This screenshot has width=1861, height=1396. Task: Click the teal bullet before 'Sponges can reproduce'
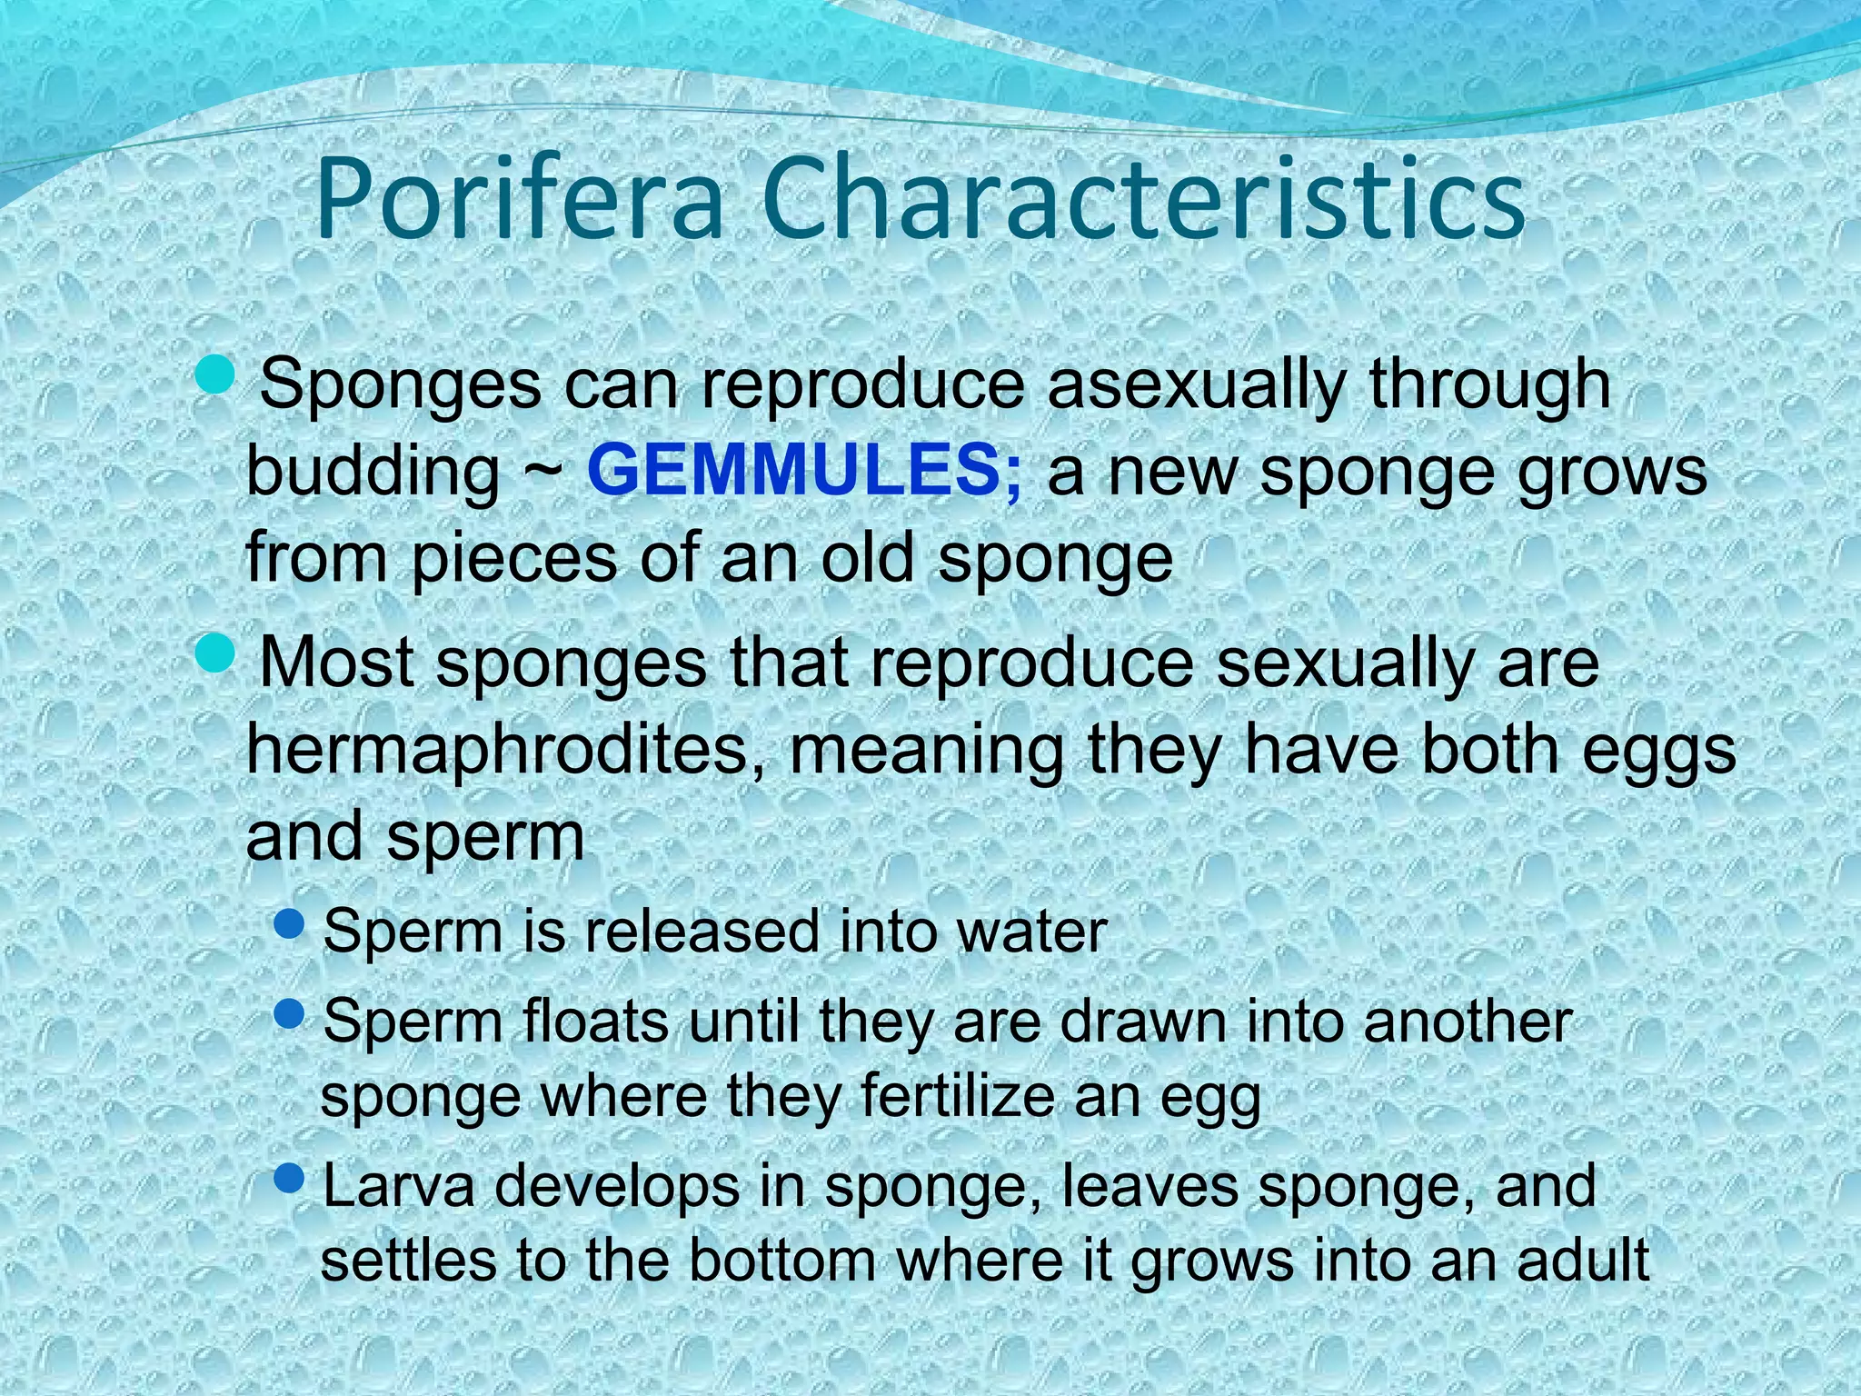tap(215, 375)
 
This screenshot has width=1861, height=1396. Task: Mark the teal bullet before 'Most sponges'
tap(215, 653)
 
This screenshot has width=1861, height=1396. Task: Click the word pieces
tap(513, 559)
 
